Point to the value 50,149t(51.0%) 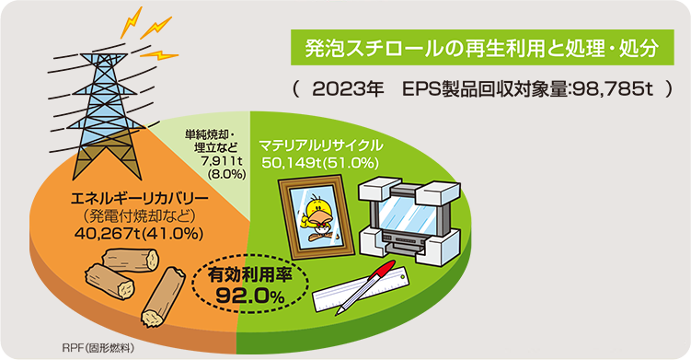pyautogui.click(x=320, y=162)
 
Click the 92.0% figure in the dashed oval pyautogui.click(x=248, y=296)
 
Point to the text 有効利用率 pyautogui.click(x=248, y=274)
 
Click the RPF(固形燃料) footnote pyautogui.click(x=98, y=346)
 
